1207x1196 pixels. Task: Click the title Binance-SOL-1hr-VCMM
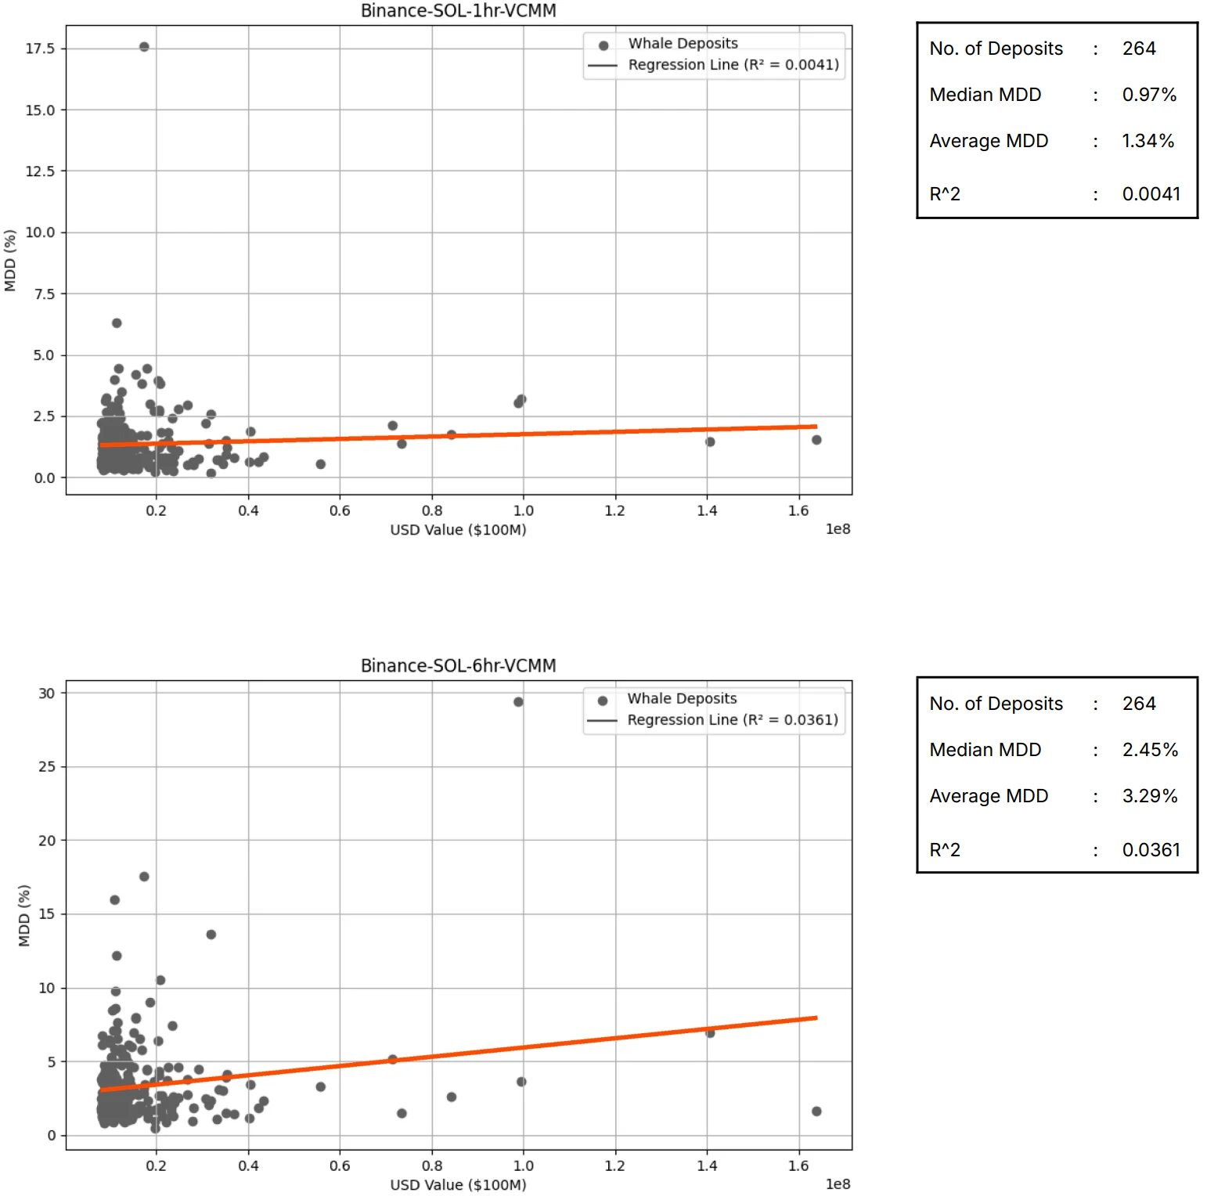458,11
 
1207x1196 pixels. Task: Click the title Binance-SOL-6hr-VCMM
458,666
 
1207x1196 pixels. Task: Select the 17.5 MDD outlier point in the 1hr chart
144,47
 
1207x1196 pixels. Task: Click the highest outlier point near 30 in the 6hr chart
518,702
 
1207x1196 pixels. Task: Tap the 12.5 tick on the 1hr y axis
40,171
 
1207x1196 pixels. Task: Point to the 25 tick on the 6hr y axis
47,767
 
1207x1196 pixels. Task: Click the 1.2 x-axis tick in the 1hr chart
615,511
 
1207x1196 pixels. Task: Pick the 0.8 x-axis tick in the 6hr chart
432,1166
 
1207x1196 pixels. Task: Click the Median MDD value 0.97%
1149,95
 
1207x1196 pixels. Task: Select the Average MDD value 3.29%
1149,796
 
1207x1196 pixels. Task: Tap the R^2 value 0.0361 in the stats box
1151,850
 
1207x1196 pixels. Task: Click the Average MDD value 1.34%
1148,141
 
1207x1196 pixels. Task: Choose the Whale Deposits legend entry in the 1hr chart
683,44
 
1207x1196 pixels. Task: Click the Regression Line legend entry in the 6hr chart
732,720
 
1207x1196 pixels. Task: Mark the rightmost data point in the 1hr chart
816,440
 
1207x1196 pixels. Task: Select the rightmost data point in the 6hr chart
816,1111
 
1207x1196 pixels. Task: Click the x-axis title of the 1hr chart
458,530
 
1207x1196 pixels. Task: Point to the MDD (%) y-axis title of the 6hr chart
24,916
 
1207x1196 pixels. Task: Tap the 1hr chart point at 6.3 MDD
117,323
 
